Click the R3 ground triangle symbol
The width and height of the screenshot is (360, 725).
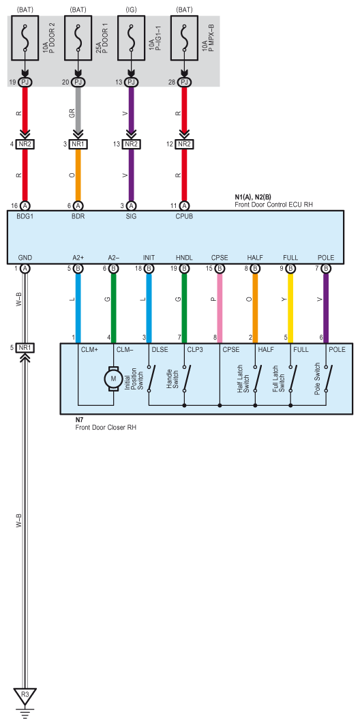coord(25,694)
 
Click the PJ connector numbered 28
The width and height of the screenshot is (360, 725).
coord(184,83)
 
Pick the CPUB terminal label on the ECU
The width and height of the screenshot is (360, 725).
coord(184,216)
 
